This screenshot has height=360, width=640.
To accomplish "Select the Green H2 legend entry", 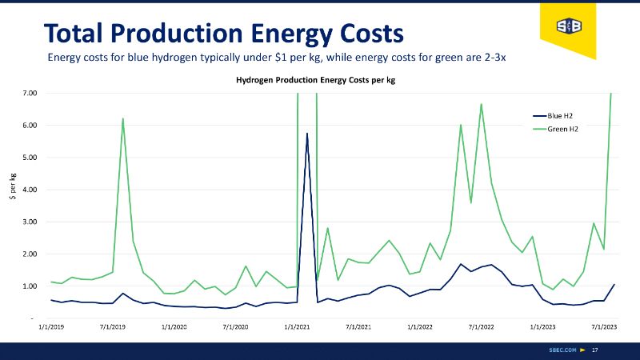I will click(563, 129).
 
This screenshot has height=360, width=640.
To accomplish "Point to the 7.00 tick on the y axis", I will click(30, 94).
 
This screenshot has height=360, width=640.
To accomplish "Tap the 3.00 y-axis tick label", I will click(30, 222).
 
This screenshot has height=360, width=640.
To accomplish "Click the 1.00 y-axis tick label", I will click(30, 286).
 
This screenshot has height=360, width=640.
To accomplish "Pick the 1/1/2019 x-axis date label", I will click(52, 326).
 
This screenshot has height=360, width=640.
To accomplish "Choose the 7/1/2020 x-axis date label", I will click(235, 326).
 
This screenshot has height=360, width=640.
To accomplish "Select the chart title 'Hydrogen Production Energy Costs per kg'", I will click(315, 80).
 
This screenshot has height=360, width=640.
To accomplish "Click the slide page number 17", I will click(594, 350).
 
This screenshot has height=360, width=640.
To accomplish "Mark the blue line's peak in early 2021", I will click(307, 134).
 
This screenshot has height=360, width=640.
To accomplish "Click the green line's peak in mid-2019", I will click(123, 119).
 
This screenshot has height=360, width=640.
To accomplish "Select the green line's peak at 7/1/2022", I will click(481, 104).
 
